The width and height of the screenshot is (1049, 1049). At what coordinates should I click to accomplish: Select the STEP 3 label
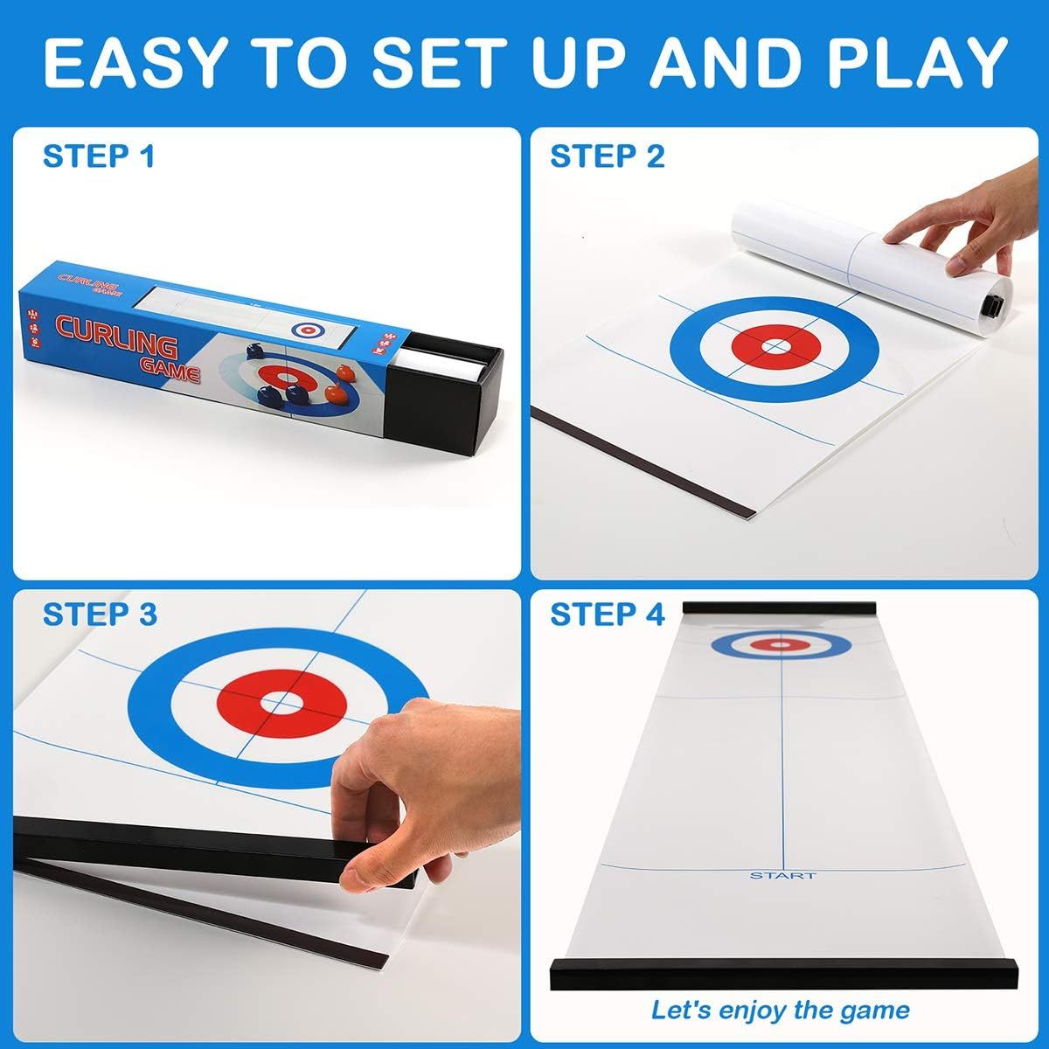pos(100,615)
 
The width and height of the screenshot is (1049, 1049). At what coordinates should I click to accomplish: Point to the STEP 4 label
pos(607,615)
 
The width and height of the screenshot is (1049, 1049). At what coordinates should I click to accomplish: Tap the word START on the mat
pos(782,875)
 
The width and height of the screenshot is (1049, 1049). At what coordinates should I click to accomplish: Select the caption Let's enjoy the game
pos(780,1011)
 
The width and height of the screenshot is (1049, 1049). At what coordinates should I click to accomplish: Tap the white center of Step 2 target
pos(774,347)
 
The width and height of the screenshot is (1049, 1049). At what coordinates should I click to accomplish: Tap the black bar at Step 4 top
pos(780,608)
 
